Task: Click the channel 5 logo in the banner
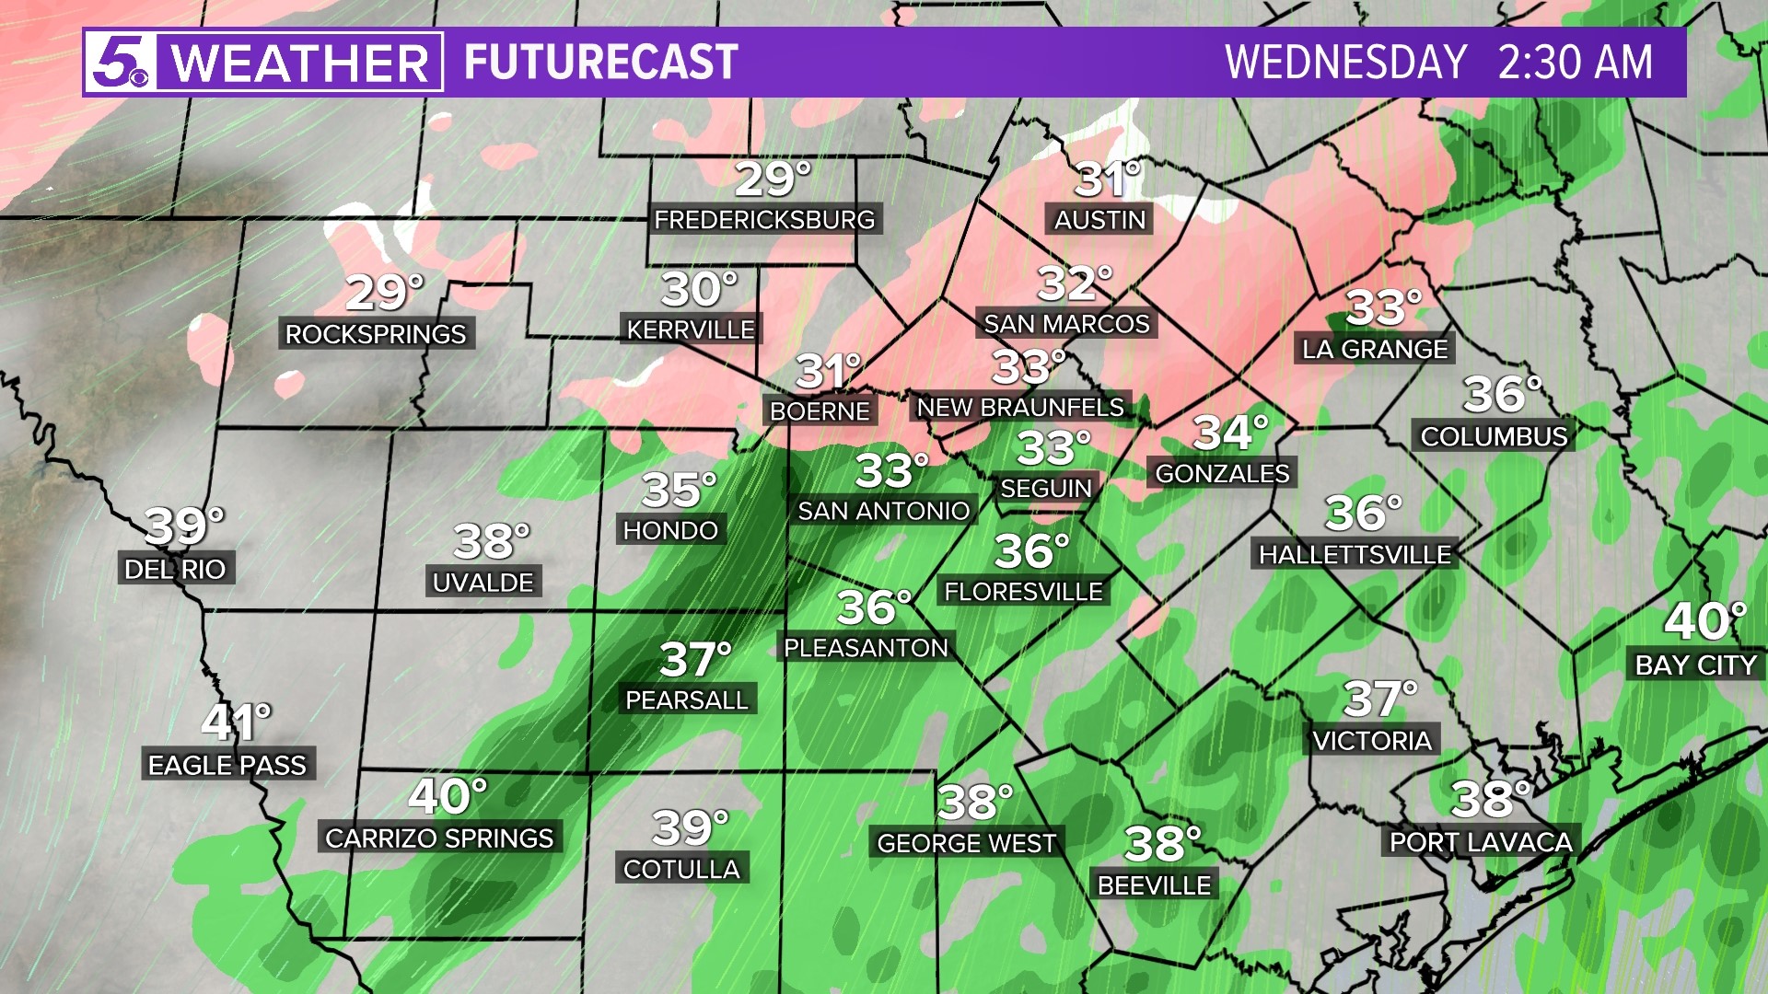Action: [x=120, y=63]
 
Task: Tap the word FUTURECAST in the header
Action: [x=600, y=63]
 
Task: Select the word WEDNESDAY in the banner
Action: [x=1345, y=63]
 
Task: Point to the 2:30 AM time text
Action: [x=1575, y=63]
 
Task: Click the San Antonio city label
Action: [x=884, y=511]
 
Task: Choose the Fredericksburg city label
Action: [x=764, y=220]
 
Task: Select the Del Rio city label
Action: [x=175, y=569]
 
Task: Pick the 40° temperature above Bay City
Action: [x=1704, y=621]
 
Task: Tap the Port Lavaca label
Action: [x=1481, y=841]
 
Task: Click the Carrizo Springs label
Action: [x=439, y=838]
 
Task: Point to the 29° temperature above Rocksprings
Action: [x=384, y=293]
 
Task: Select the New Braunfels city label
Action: [x=1020, y=407]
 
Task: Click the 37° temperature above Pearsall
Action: [x=695, y=659]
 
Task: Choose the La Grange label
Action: [x=1375, y=349]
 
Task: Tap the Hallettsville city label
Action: [x=1355, y=554]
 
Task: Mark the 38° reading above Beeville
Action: [x=1162, y=844]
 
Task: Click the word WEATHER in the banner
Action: [x=299, y=63]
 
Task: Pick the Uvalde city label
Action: [x=483, y=582]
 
